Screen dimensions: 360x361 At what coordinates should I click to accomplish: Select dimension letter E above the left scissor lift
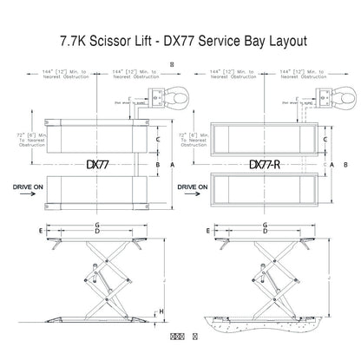click(41, 232)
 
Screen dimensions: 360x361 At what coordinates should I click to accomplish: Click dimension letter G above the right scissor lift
click(266, 225)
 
